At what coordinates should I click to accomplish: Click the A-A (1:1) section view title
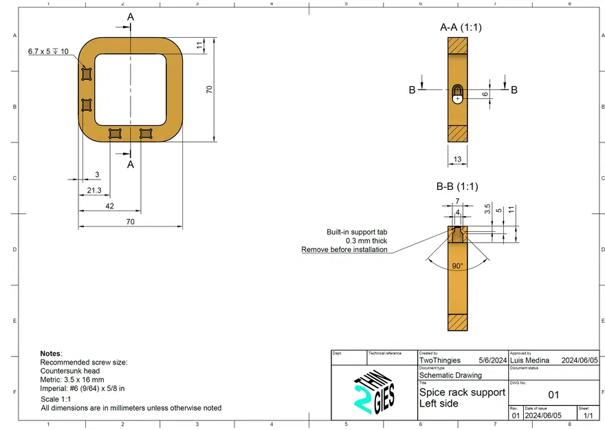[461, 28]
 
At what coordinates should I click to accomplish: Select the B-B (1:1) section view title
[457, 186]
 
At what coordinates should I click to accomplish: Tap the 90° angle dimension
[457, 266]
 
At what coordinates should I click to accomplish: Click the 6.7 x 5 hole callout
[48, 52]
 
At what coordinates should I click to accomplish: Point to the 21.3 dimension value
[94, 191]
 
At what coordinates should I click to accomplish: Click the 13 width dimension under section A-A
[457, 160]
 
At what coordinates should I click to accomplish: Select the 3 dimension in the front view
[97, 175]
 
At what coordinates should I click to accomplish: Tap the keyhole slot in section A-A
[458, 94]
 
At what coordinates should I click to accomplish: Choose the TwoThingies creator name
[440, 360]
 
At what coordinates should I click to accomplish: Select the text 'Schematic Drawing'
[450, 375]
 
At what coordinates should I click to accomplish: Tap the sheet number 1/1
[588, 416]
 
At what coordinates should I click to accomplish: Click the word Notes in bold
[50, 353]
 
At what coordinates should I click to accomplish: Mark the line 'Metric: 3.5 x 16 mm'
[72, 379]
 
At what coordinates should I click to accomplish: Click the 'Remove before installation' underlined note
[344, 249]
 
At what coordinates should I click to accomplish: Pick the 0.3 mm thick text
[366, 241]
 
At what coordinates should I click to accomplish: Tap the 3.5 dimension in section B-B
[487, 208]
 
